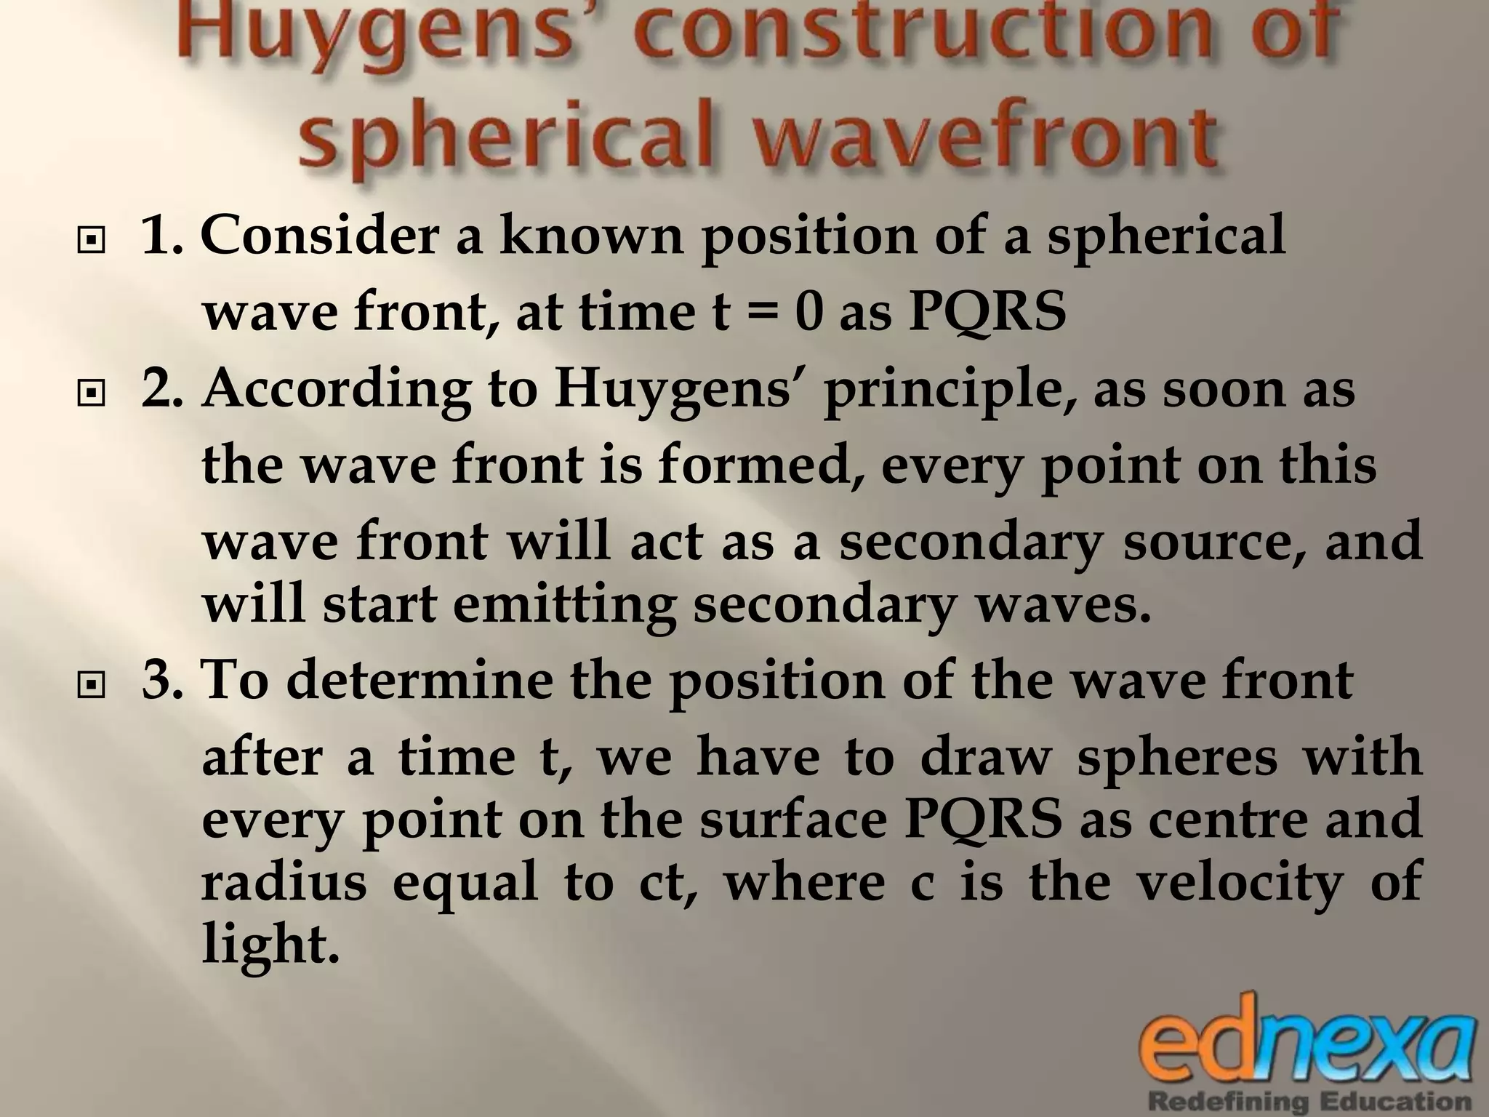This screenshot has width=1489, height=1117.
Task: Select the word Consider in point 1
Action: [319, 236]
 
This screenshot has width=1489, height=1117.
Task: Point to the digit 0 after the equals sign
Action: [809, 313]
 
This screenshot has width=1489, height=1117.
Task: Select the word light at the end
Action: [270, 945]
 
